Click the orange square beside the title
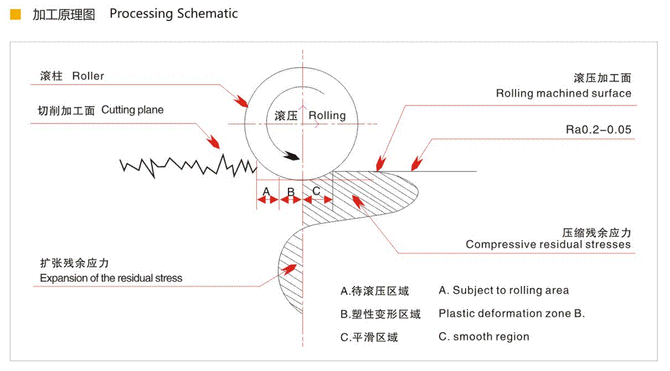16,14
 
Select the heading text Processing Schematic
174,14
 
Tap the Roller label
88,76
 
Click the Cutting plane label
132,110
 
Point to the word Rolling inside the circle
327,115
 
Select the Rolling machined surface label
564,93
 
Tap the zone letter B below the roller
291,192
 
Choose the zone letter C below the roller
316,191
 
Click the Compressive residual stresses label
548,245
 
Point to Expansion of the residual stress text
111,279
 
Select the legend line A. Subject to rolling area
504,291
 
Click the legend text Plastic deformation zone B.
512,314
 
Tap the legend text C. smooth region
484,337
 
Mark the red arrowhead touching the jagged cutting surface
214,143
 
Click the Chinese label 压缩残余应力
596,233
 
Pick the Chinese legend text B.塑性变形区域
380,314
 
